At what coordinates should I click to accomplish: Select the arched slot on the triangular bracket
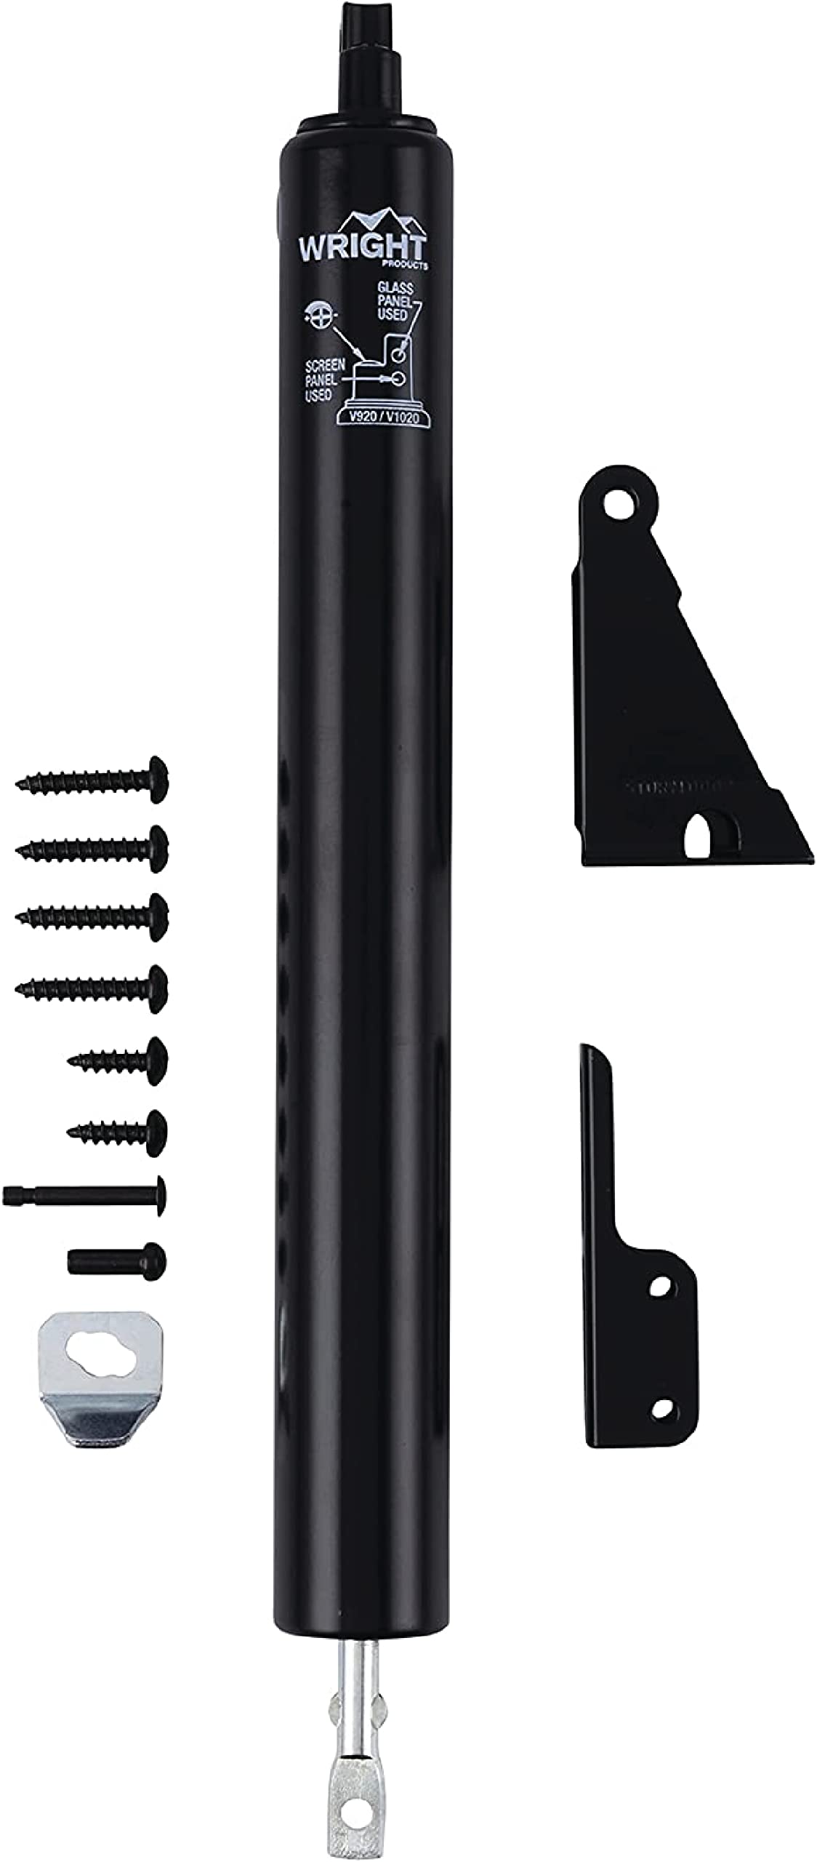tap(701, 838)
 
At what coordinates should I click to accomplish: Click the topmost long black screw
tap(93, 780)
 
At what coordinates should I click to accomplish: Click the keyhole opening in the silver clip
tap(100, 1356)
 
